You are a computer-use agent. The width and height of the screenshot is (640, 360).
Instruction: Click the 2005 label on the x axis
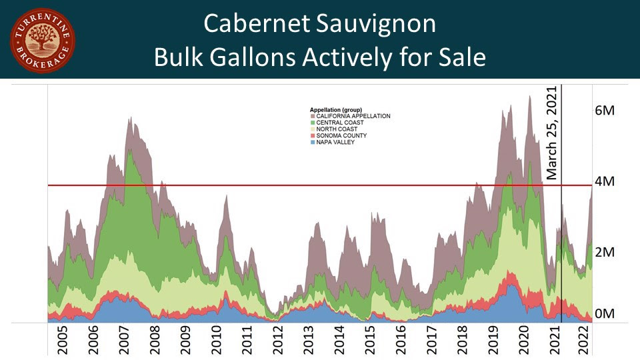pos(62,341)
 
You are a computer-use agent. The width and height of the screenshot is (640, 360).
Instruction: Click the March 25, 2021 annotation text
pos(551,133)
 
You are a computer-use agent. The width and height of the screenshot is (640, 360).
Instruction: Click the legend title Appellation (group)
pos(336,109)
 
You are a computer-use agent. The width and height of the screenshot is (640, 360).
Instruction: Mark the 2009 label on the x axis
pos(185,341)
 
